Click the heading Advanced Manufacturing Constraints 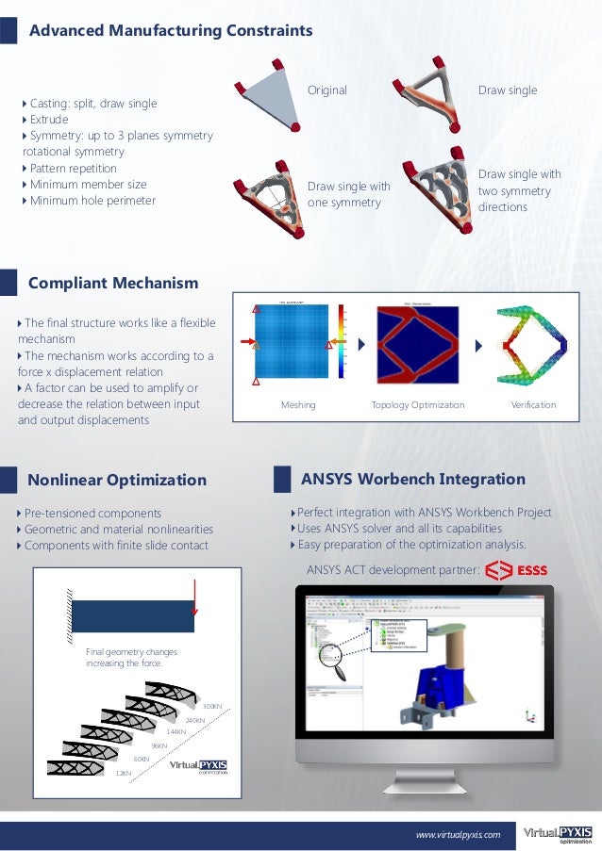click(170, 31)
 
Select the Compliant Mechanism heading click(113, 283)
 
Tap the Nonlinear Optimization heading click(117, 480)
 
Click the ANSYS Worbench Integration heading click(412, 479)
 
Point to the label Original click(327, 90)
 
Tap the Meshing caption click(298, 405)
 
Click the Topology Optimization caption click(418, 405)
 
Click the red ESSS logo click(518, 569)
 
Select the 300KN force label click(212, 706)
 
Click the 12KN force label click(123, 773)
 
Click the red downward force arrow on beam click(193, 597)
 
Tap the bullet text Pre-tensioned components click(92, 513)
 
